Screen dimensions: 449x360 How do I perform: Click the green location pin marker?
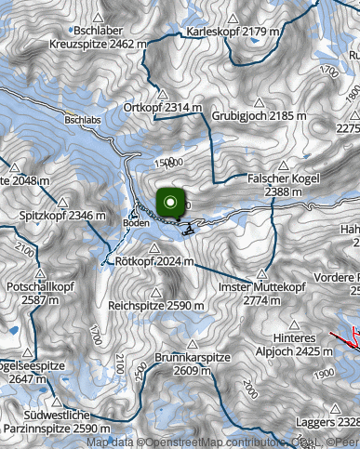click(x=171, y=203)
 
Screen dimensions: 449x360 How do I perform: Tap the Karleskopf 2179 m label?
click(x=227, y=31)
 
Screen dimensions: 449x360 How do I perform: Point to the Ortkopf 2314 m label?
click(x=163, y=108)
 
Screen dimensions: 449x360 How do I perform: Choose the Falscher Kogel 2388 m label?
click(x=284, y=184)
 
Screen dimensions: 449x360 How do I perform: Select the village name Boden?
click(x=135, y=223)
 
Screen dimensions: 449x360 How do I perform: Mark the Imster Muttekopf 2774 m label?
click(x=262, y=295)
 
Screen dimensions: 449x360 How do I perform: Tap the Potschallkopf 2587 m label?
click(x=37, y=294)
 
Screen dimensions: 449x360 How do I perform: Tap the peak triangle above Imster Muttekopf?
click(x=263, y=275)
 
